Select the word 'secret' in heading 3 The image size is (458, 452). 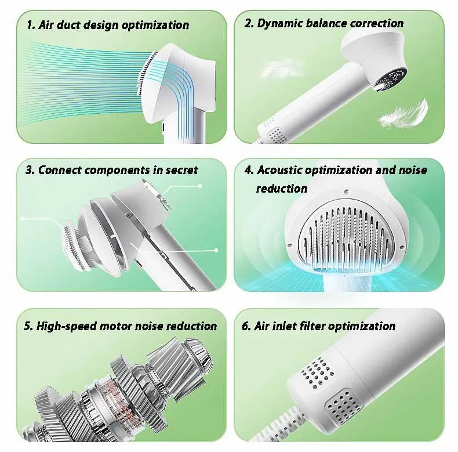(x=179, y=170)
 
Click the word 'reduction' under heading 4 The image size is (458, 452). (x=282, y=189)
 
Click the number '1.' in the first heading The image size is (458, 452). (x=32, y=25)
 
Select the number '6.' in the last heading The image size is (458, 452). (x=246, y=326)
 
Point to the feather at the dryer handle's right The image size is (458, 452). (x=404, y=114)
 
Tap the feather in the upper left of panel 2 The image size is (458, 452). (x=279, y=68)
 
